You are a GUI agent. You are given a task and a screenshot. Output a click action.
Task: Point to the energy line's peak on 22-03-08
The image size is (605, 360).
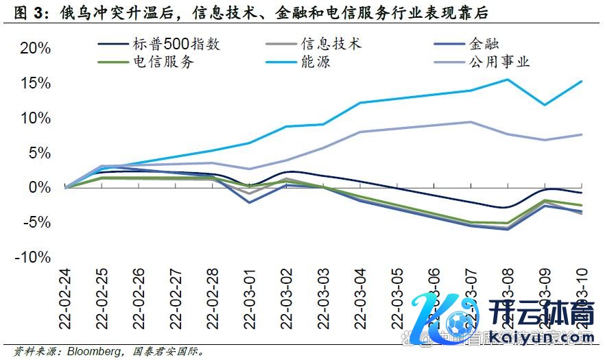click(508, 80)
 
